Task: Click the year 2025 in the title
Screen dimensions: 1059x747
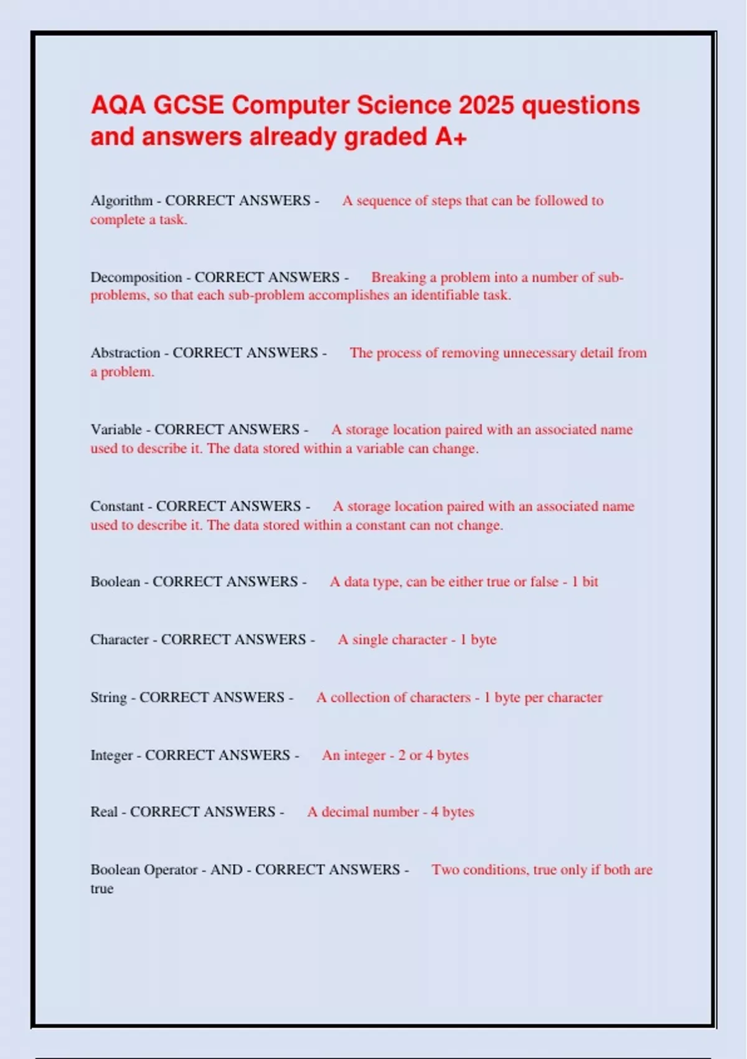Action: tap(486, 105)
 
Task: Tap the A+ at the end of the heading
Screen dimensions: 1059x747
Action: tap(451, 137)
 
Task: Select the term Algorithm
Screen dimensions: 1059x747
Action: tap(121, 201)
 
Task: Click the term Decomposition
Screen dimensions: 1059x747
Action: tap(136, 277)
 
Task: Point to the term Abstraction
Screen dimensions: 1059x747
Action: tap(125, 353)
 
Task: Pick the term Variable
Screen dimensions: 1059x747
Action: tap(116, 430)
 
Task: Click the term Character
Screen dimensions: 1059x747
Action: tap(120, 640)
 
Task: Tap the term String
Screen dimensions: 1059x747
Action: tap(108, 698)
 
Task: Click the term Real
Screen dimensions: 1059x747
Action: tap(104, 812)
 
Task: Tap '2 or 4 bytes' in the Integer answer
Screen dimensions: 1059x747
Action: tap(433, 756)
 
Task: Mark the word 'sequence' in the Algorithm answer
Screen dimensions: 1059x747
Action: tap(383, 201)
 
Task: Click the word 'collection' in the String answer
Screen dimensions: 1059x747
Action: tap(367, 698)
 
